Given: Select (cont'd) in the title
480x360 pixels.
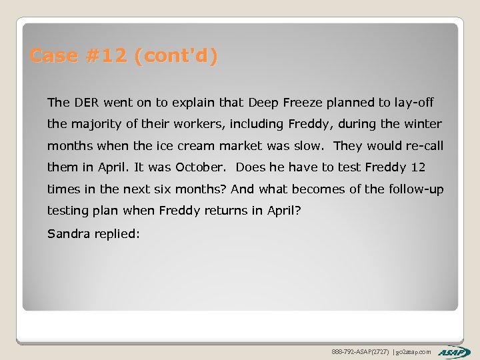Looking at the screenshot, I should [175, 56].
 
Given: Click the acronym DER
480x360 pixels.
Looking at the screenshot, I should [85, 103].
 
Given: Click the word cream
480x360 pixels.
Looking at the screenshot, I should [198, 146].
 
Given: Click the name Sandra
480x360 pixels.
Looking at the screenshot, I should [68, 233].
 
